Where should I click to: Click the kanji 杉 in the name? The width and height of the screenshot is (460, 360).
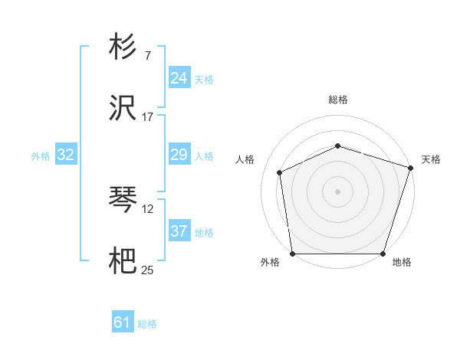[x=123, y=47]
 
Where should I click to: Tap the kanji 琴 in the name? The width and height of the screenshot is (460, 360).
[x=123, y=201]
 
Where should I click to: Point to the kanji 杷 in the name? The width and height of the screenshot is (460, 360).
[x=123, y=263]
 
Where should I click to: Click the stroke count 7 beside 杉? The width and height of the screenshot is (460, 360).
[x=147, y=56]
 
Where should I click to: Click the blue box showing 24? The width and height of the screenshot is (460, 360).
[x=179, y=78]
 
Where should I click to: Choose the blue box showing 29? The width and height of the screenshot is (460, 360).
[x=179, y=155]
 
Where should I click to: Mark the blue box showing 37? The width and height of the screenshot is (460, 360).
[x=179, y=231]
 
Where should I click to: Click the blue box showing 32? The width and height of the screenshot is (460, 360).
[x=66, y=155]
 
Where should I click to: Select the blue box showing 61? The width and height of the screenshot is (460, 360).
[x=123, y=322]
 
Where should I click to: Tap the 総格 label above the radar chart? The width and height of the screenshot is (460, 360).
[x=338, y=100]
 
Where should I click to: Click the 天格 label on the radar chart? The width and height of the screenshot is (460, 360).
[x=431, y=159]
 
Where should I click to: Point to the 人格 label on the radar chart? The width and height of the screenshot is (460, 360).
[x=245, y=159]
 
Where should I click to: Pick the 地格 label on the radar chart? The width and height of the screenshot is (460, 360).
[x=402, y=263]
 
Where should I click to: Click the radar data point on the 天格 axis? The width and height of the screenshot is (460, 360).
[x=411, y=167]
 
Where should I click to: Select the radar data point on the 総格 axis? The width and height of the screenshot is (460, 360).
[x=338, y=146]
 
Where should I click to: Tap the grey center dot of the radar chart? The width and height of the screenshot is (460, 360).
[x=338, y=191]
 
